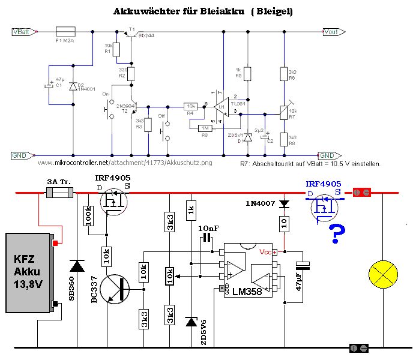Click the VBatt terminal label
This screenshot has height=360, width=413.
point(23,31)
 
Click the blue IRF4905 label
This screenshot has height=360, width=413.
point(324,184)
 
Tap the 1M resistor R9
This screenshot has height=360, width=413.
point(205,128)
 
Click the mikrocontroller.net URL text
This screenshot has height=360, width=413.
point(124,162)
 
